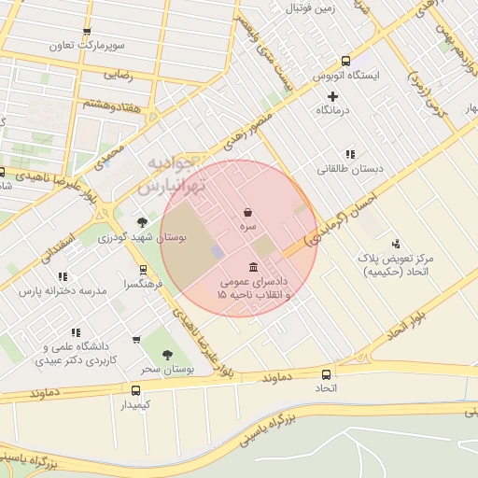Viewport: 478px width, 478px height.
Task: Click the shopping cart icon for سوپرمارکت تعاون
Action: [87, 31]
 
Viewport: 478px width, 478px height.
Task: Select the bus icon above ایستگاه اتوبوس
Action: [346, 60]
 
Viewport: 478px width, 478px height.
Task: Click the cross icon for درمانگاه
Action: [332, 96]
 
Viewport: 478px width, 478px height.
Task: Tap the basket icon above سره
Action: [247, 212]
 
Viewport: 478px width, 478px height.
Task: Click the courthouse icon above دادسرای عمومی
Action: [253, 267]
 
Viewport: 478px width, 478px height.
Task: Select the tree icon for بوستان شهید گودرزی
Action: [142, 222]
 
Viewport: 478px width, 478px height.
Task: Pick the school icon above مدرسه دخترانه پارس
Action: [63, 276]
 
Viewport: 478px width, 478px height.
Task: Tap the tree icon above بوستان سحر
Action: [167, 355]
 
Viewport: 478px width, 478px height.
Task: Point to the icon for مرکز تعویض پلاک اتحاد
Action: [395, 243]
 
